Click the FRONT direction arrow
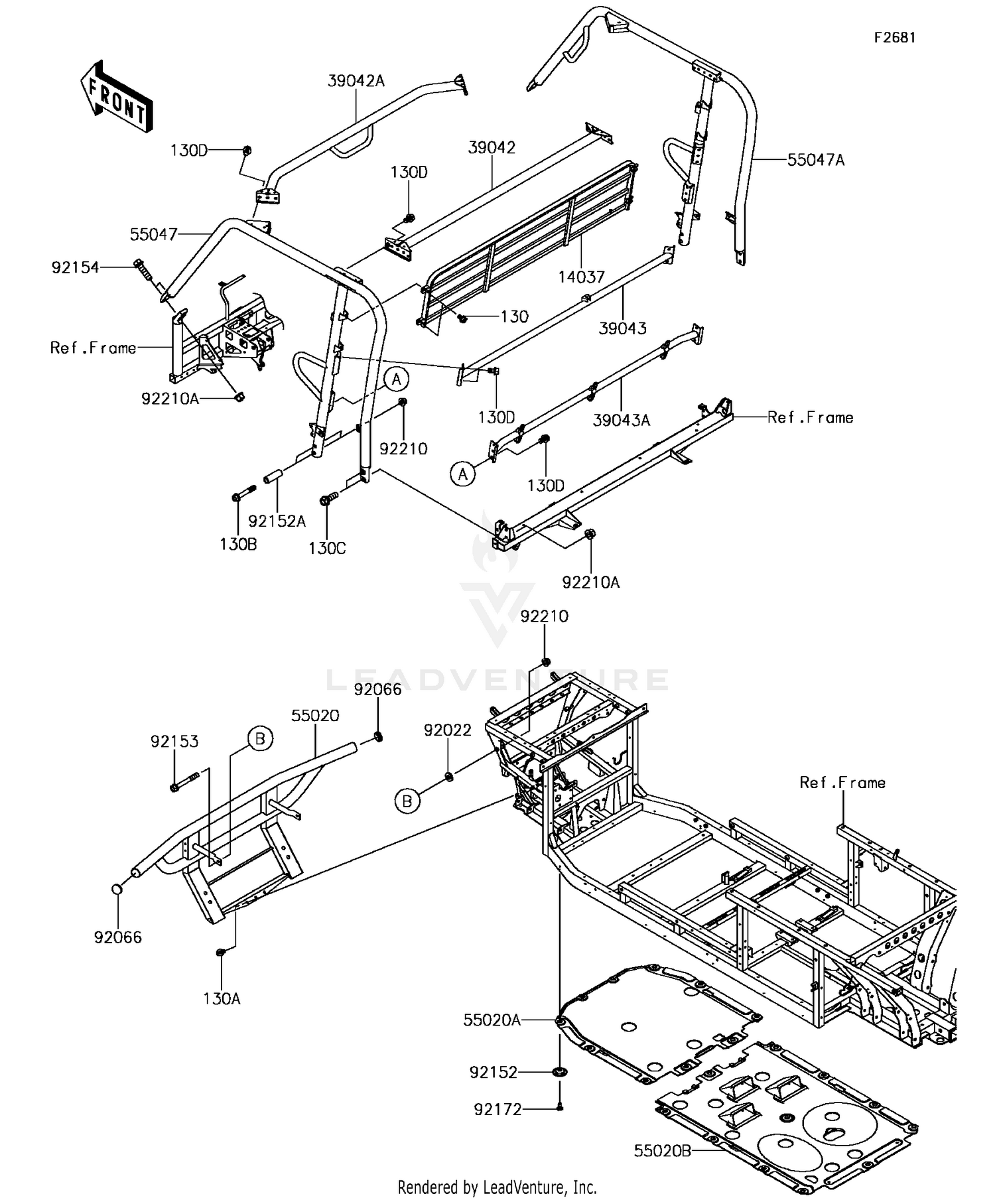[117, 98]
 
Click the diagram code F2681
[894, 38]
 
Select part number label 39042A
[356, 81]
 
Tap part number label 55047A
[816, 160]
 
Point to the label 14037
[581, 277]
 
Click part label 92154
[75, 267]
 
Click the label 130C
[327, 549]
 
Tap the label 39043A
[621, 420]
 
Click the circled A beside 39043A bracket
[463, 474]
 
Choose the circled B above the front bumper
[260, 738]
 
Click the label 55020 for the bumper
[315, 716]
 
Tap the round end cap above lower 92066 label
[117, 888]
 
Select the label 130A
[222, 998]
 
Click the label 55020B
[662, 1150]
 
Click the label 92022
[448, 730]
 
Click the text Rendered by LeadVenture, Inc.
[497, 1186]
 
